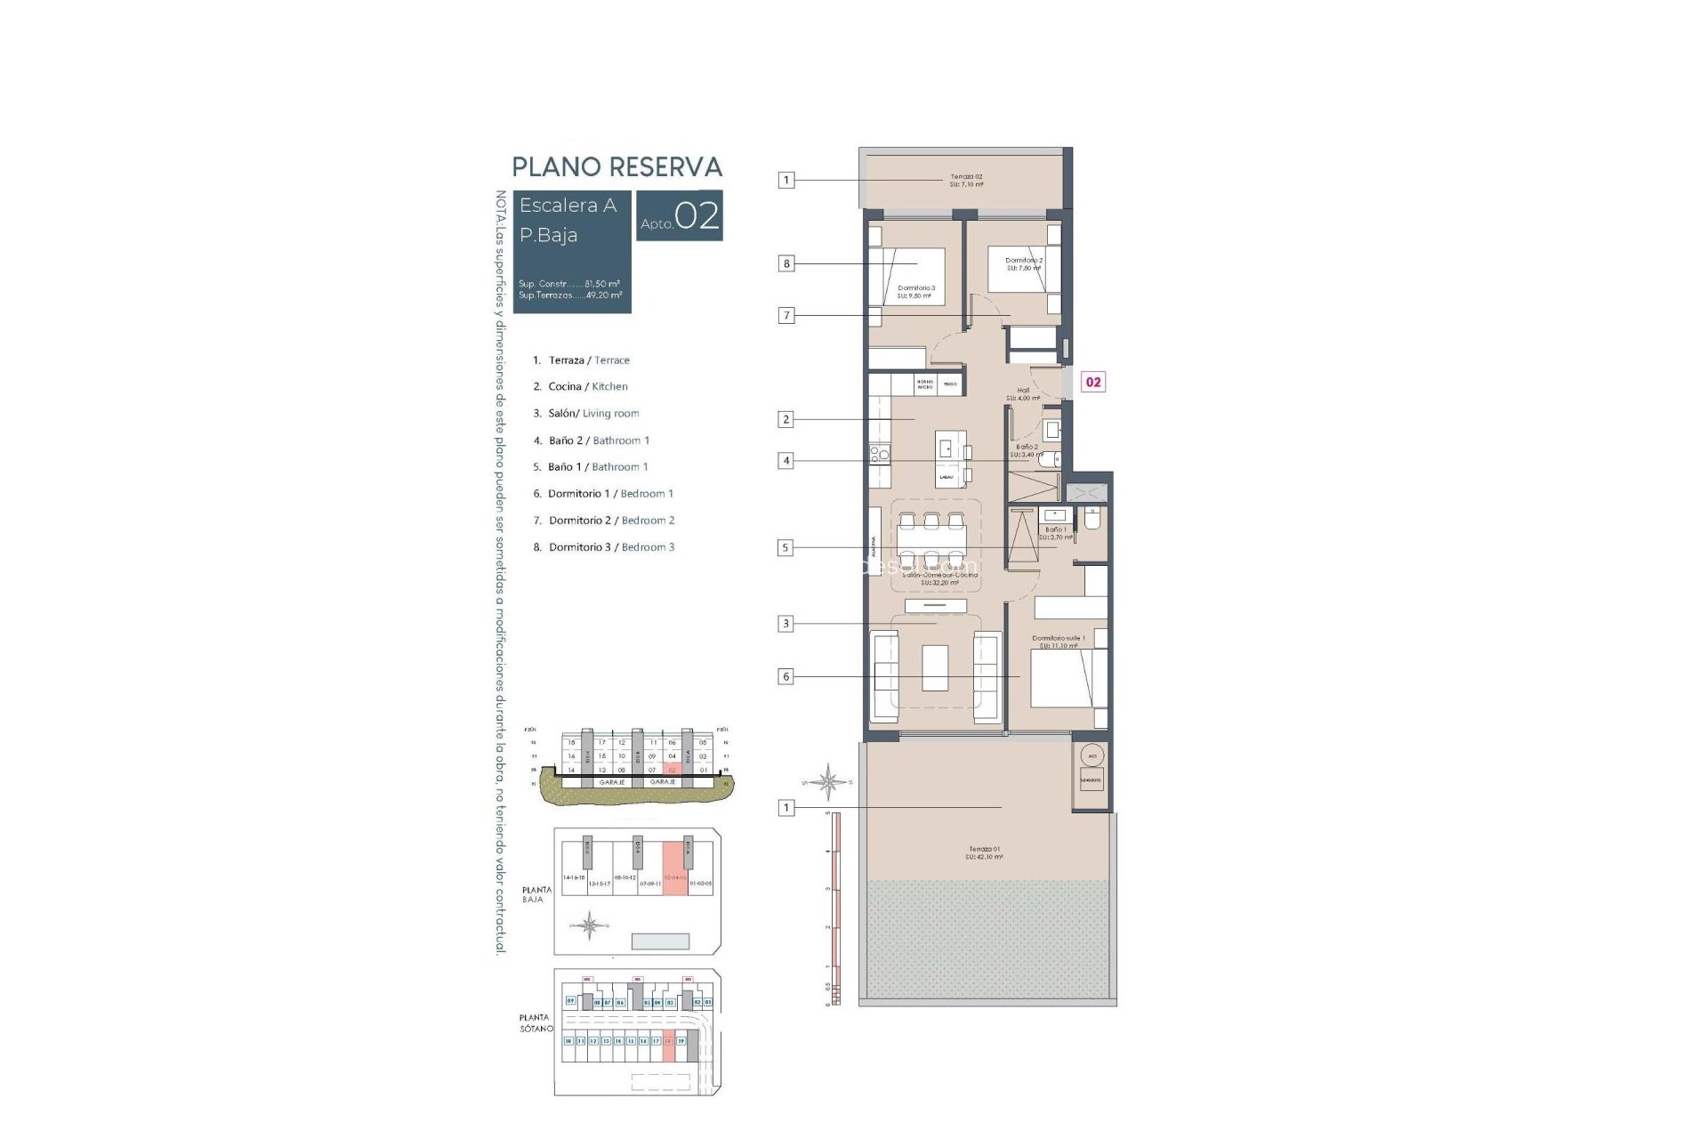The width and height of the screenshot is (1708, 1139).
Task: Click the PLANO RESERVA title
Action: pyautogui.click(x=616, y=167)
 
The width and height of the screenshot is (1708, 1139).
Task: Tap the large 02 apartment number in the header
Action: pyautogui.click(x=697, y=216)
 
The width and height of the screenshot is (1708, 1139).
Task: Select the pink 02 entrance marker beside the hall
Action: pyautogui.click(x=1093, y=382)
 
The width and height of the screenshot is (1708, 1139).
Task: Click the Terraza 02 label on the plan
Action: pyautogui.click(x=966, y=181)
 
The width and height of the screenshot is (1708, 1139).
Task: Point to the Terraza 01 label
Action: pyautogui.click(x=984, y=852)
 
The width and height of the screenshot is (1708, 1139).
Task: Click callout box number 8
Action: pyautogui.click(x=786, y=263)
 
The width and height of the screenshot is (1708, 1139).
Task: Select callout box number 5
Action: pyautogui.click(x=785, y=548)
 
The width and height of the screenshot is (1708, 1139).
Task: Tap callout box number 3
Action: pyautogui.click(x=786, y=624)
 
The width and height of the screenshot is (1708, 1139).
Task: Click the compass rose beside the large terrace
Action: pyautogui.click(x=828, y=783)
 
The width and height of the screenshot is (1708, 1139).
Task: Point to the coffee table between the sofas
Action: pyautogui.click(x=935, y=668)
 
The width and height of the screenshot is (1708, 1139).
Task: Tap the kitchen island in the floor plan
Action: pyautogui.click(x=948, y=459)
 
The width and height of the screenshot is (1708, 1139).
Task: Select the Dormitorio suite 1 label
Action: pyautogui.click(x=1058, y=642)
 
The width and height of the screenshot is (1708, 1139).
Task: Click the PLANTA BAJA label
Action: pyautogui.click(x=536, y=894)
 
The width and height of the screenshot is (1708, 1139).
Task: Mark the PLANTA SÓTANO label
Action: pyautogui.click(x=536, y=1022)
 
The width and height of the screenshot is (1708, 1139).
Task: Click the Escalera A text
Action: pyautogui.click(x=568, y=206)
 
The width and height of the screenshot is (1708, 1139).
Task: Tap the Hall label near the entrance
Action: pyautogui.click(x=1023, y=393)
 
